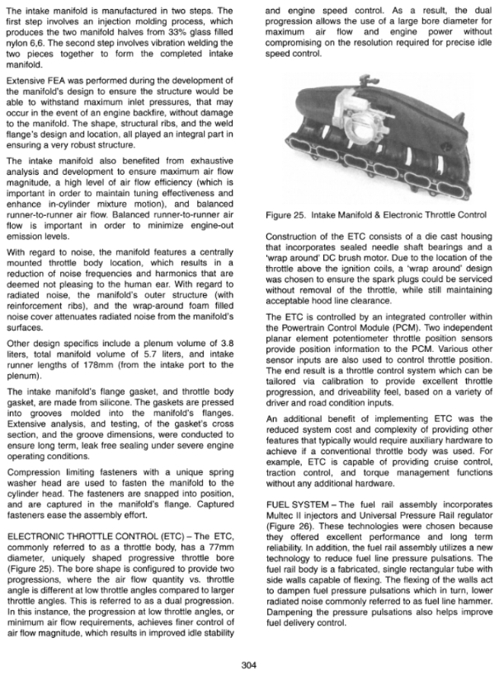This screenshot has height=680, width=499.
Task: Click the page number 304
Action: click(249, 665)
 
